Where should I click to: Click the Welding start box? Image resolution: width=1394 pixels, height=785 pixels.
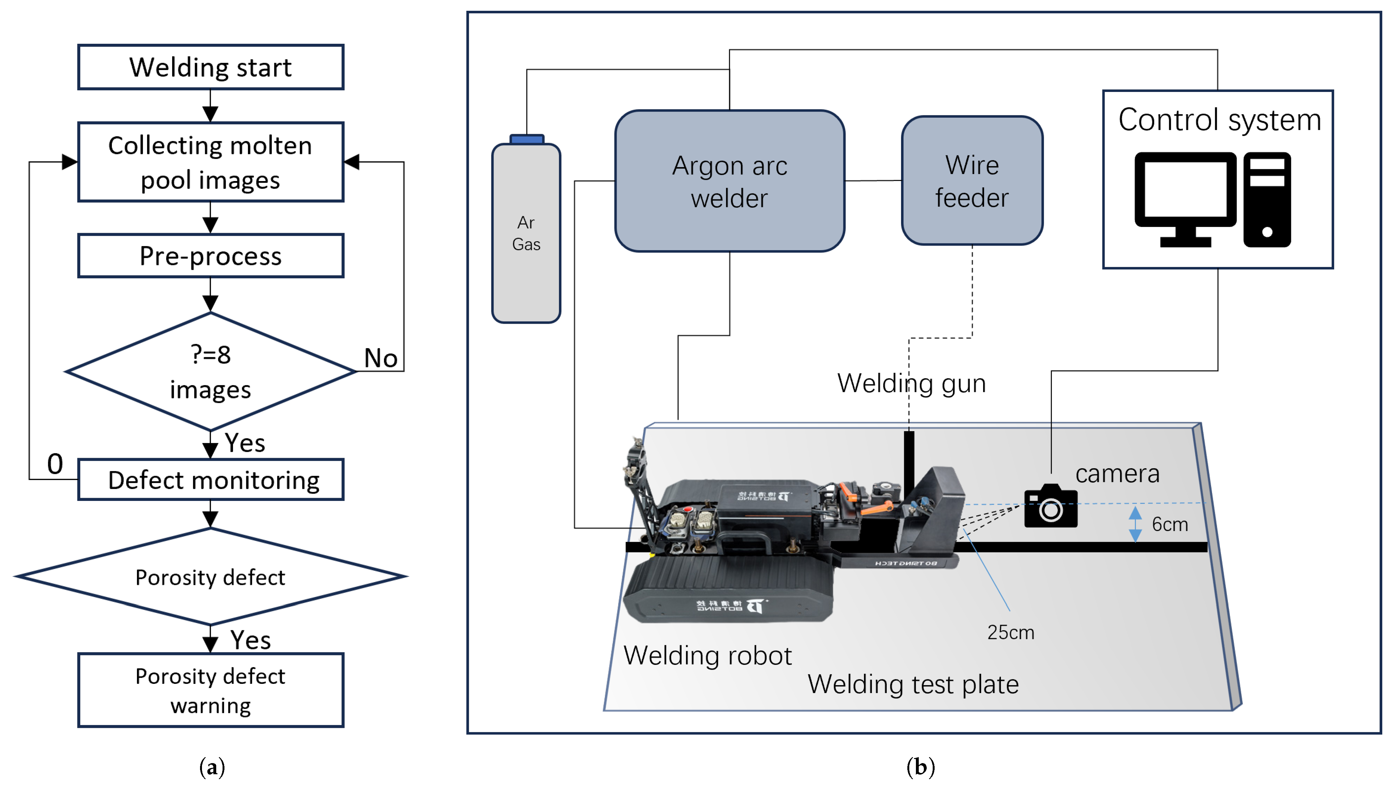(x=211, y=67)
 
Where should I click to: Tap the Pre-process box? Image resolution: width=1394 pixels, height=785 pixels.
(x=211, y=256)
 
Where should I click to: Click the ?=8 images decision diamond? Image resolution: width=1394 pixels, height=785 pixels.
(x=211, y=372)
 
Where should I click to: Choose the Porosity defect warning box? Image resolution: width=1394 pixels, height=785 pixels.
(x=211, y=690)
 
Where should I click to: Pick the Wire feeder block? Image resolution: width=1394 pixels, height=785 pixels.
(x=972, y=181)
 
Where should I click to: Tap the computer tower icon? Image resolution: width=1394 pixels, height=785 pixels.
(x=1267, y=199)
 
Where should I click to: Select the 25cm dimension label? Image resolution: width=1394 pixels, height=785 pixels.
(x=1010, y=632)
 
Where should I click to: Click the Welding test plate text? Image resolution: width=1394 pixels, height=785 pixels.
(x=913, y=684)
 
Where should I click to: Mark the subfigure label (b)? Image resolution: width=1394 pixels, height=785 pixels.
(x=920, y=767)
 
